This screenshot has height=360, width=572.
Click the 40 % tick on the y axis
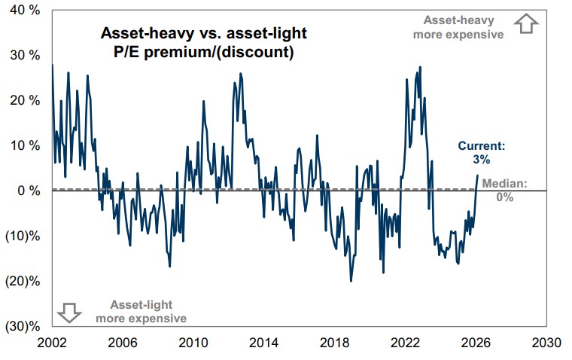coord(25,10)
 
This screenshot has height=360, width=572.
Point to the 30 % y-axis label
coord(25,55)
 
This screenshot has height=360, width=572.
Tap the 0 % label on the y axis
coord(28,191)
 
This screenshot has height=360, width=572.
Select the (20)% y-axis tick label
coord(24,281)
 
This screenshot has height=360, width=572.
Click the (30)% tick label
coord(24,326)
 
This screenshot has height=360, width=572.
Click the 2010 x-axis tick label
coord(193,343)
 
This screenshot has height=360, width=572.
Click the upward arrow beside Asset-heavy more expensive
coord(525,25)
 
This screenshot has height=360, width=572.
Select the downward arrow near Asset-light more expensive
coord(69,311)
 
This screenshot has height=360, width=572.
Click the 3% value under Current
coord(482,160)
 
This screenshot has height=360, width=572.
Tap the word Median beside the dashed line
coord(504,184)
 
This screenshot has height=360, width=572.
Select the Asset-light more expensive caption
coord(141,311)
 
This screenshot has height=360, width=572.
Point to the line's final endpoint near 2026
coord(477,176)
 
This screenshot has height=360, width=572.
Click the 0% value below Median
coord(504,197)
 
